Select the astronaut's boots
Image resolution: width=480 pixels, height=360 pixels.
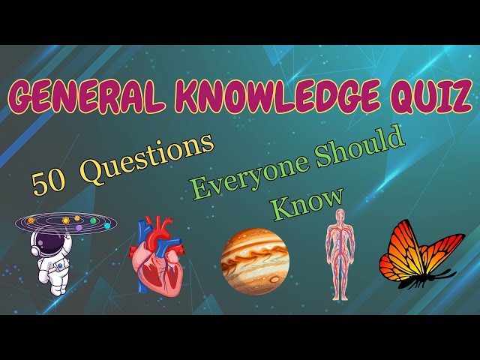(x=59, y=289)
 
